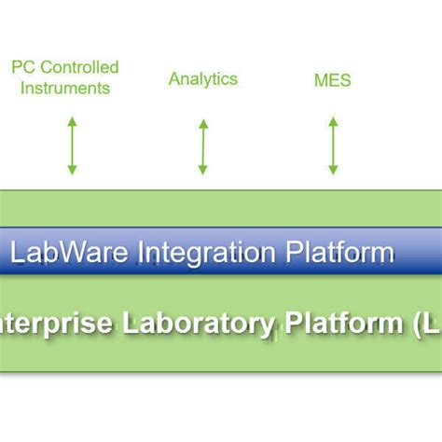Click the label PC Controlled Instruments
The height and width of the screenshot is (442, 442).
(64, 77)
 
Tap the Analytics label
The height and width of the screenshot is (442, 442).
(203, 78)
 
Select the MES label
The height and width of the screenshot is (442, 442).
(333, 80)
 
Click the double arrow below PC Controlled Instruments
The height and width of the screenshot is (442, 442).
(72, 145)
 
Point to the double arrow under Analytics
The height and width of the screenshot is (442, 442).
(203, 146)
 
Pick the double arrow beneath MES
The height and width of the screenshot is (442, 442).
(333, 145)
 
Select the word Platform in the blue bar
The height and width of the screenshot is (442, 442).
(338, 252)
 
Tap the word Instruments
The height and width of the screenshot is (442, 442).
(64, 89)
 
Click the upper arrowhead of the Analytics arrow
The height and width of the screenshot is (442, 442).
(203, 123)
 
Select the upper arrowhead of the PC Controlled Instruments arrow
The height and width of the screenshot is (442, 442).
(72, 121)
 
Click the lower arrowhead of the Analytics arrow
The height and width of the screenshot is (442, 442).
(203, 170)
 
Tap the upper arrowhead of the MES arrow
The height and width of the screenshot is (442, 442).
(333, 121)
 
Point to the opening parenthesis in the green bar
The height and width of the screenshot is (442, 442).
(414, 325)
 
